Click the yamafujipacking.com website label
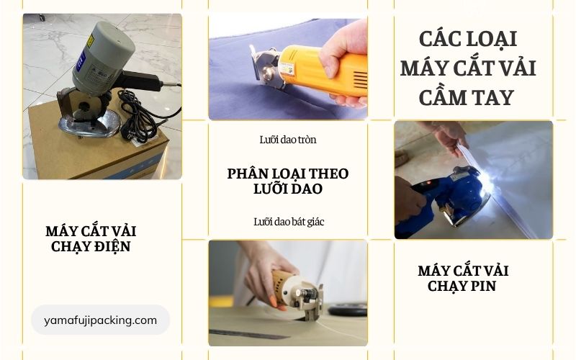tap(100, 320)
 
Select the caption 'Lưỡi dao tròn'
tap(288, 139)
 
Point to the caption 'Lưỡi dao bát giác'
tap(288, 222)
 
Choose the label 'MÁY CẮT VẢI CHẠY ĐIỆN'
tap(91, 239)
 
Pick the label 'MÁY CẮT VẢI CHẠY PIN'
tap(463, 279)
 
